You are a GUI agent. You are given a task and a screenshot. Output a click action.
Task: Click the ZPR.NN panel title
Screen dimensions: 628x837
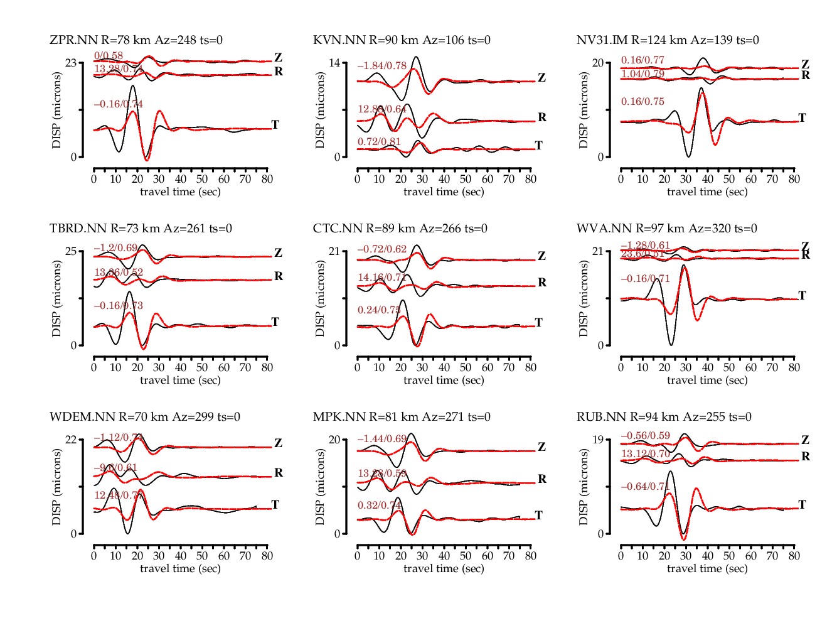click(x=136, y=40)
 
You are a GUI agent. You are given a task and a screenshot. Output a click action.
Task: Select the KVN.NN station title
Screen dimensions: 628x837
click(x=402, y=40)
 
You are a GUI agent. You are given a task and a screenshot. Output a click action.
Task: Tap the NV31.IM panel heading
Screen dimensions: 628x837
click(x=668, y=40)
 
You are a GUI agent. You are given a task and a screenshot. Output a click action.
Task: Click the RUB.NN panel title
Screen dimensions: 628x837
click(x=664, y=417)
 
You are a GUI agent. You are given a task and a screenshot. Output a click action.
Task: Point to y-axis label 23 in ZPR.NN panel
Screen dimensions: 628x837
click(x=71, y=63)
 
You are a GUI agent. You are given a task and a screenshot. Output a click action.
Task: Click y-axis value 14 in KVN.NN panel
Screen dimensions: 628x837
click(x=334, y=63)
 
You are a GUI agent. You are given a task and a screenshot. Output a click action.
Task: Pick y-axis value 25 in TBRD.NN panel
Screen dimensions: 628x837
click(x=71, y=251)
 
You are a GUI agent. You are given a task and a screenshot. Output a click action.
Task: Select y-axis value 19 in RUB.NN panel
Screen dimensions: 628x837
click(x=598, y=440)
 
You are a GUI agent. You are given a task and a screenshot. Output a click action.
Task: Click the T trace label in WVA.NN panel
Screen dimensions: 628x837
click(x=802, y=295)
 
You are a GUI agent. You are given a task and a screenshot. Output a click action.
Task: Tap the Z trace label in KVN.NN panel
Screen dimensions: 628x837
click(x=541, y=78)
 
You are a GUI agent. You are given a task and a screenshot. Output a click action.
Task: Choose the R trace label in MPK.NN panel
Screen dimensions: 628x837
click(x=541, y=479)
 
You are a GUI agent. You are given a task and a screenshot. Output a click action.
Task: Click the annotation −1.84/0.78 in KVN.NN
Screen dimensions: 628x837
click(x=381, y=66)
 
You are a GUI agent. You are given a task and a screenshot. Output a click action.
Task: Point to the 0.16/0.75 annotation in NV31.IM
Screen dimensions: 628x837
click(x=642, y=102)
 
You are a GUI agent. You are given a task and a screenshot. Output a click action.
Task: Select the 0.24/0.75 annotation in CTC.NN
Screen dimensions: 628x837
click(x=379, y=310)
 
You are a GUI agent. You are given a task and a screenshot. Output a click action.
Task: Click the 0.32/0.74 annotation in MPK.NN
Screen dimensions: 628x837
click(x=379, y=506)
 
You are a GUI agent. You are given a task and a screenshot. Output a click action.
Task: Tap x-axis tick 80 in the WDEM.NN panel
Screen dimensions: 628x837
click(x=267, y=556)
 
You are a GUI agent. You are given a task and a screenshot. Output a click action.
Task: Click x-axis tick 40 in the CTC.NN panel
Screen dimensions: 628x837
click(x=444, y=367)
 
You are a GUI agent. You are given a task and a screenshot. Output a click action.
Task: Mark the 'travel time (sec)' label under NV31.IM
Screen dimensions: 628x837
click(x=707, y=192)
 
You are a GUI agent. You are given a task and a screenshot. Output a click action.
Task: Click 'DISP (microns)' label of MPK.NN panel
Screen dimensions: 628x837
click(x=321, y=487)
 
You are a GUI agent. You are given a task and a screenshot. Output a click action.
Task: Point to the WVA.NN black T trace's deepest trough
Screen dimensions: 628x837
click(x=671, y=345)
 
